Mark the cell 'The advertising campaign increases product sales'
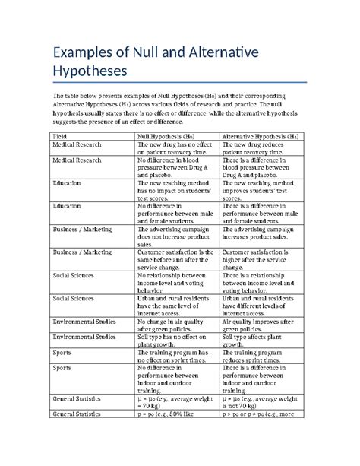[x=261, y=232]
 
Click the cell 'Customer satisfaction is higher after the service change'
[x=261, y=258]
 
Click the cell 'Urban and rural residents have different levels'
[x=261, y=306]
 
